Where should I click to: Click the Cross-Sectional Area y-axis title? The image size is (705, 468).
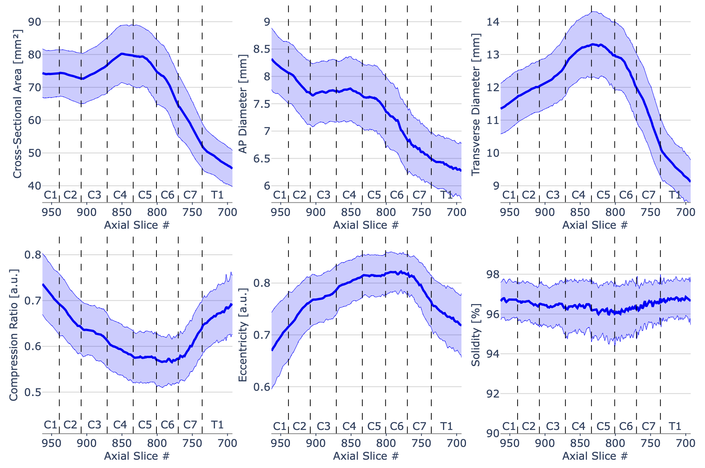click(x=17, y=104)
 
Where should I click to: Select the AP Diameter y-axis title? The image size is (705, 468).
click(x=244, y=104)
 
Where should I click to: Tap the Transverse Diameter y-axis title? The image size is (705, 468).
click(x=476, y=104)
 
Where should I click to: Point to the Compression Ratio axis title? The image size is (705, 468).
click(x=14, y=335)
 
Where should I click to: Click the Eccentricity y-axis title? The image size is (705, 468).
click(x=243, y=335)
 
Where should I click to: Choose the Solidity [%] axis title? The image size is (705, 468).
click(x=476, y=335)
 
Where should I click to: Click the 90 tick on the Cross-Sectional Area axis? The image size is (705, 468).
click(x=35, y=22)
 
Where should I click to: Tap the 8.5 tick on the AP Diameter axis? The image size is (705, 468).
click(x=262, y=49)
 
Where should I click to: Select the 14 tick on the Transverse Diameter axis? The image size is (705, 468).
click(x=493, y=22)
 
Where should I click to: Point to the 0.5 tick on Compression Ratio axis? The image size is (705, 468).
click(x=33, y=392)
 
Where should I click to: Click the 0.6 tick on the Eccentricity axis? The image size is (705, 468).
click(x=262, y=387)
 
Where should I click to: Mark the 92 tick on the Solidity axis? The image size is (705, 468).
click(x=493, y=394)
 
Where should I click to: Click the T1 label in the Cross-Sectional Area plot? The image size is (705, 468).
click(x=217, y=195)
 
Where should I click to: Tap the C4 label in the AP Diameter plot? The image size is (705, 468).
click(x=349, y=195)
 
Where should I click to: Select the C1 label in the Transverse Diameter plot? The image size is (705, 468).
click(x=509, y=195)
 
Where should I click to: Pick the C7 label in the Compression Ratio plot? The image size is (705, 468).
click(x=190, y=425)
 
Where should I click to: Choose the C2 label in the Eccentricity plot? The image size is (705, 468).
click(x=299, y=426)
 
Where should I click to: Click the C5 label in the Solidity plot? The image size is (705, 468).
click(x=603, y=426)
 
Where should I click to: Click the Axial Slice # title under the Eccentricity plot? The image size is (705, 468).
click(x=366, y=456)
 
